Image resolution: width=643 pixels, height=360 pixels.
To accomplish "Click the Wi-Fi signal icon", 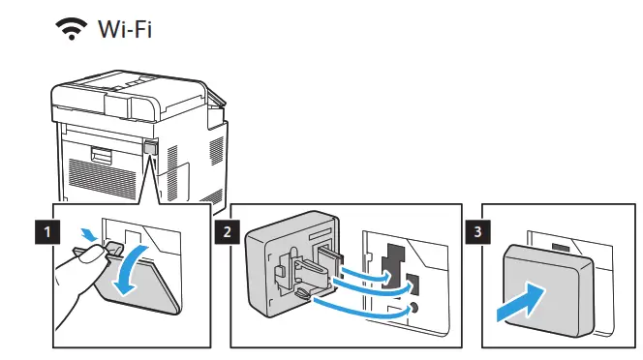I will tap(73, 30).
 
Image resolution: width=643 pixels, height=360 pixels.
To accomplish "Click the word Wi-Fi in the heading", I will tap(123, 30).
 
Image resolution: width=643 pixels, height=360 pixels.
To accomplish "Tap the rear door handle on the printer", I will tap(100, 153).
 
